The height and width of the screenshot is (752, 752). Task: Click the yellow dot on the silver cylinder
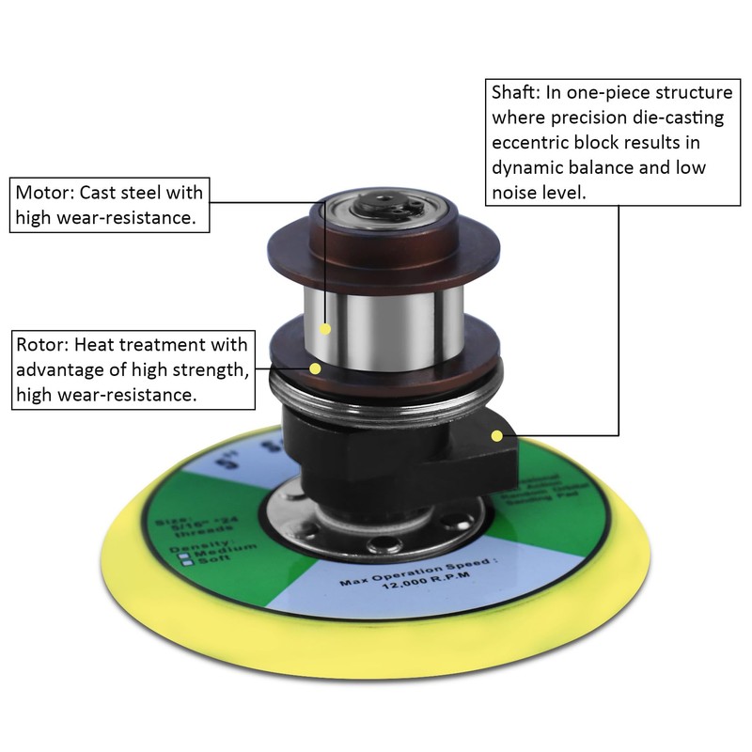(325, 329)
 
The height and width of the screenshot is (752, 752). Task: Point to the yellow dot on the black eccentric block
(496, 434)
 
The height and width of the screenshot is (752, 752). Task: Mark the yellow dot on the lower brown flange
(316, 368)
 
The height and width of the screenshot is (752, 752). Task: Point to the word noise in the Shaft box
(515, 193)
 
